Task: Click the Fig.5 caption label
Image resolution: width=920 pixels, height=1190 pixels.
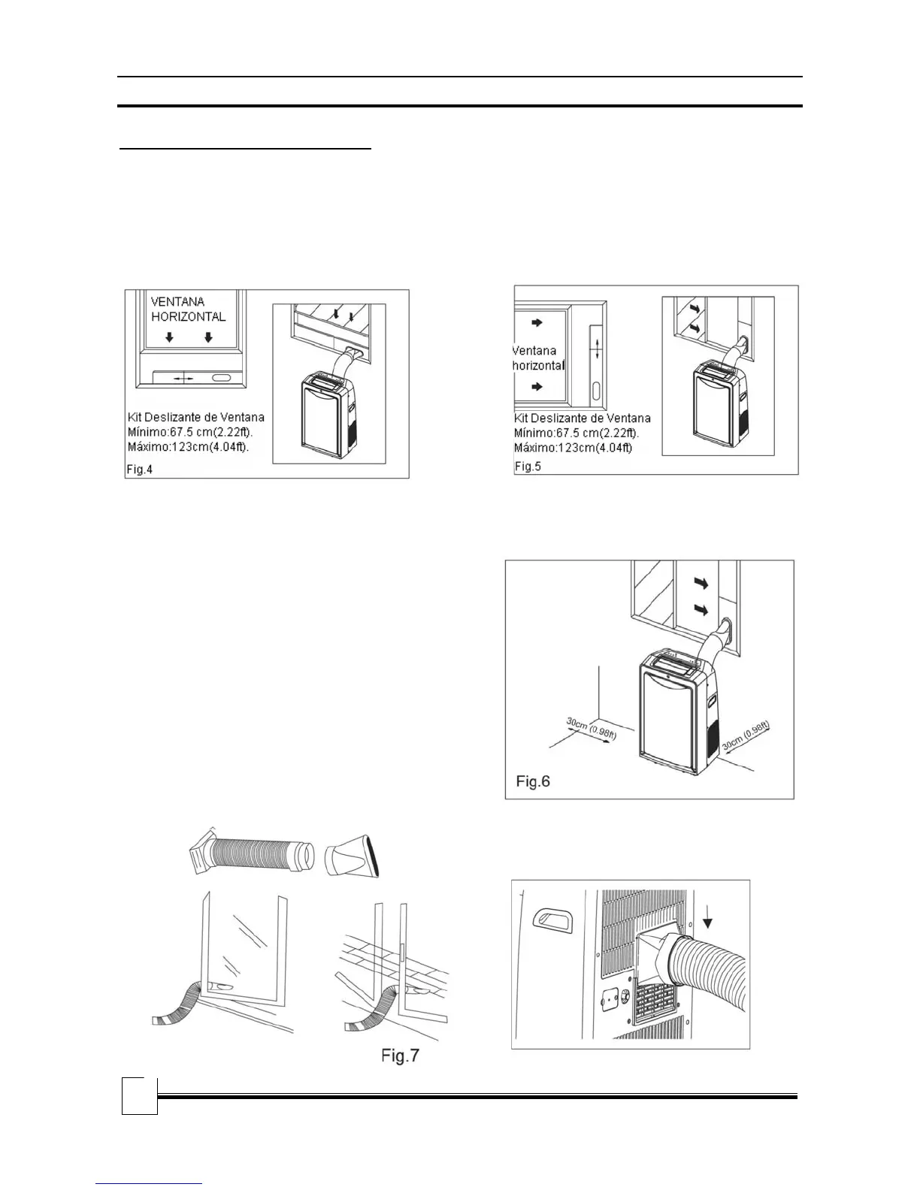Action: [528, 466]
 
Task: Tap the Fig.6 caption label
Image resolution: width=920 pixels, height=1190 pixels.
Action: [533, 781]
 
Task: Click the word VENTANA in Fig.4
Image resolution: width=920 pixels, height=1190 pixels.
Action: [177, 301]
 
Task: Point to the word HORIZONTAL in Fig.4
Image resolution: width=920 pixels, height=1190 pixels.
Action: [188, 316]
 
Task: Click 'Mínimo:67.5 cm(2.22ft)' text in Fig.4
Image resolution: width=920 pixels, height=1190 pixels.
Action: [189, 431]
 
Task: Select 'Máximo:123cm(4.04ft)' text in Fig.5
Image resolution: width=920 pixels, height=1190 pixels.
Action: [573, 448]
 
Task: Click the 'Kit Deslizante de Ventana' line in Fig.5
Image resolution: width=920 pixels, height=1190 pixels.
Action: [583, 418]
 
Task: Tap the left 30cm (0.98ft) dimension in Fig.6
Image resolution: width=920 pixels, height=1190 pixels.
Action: [591, 729]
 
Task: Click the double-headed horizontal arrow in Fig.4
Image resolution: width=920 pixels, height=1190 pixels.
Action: [183, 379]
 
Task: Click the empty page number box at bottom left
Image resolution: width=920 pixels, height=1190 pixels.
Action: [139, 1096]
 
